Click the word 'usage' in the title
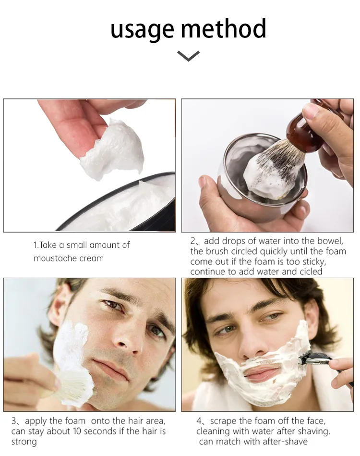click(x=142, y=30)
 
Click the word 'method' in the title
click(x=223, y=28)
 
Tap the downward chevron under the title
click(x=188, y=56)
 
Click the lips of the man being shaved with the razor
click(x=261, y=374)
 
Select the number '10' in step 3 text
click(x=77, y=431)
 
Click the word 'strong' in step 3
click(x=24, y=442)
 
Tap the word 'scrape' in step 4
click(x=223, y=421)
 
